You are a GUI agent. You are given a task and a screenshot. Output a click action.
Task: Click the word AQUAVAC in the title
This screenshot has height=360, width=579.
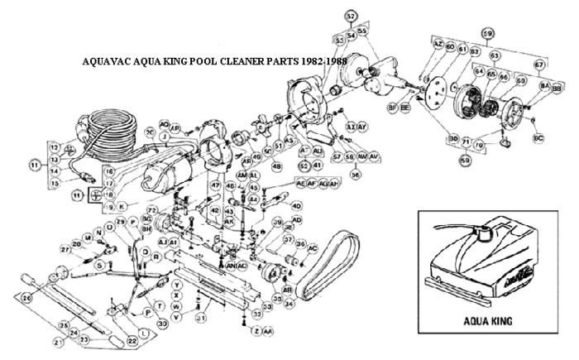point(108,62)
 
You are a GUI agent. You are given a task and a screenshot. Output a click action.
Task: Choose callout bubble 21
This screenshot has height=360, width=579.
point(59,341)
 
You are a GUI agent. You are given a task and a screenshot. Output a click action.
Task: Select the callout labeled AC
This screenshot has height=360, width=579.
point(313,248)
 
